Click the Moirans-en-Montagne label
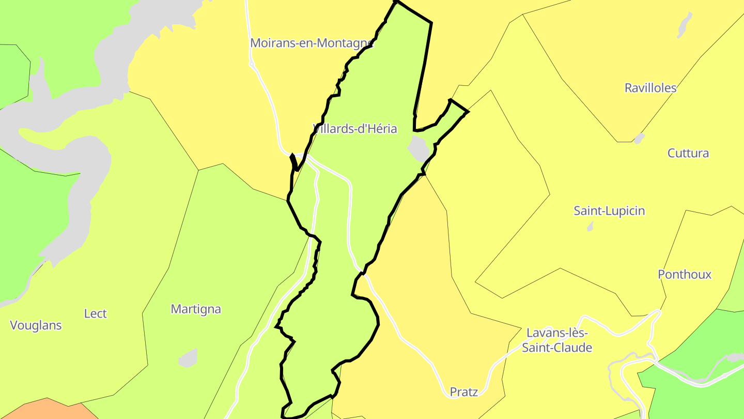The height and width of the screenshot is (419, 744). click(312, 43)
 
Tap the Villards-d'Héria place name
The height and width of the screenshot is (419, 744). click(355, 129)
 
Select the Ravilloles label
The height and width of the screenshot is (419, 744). click(650, 88)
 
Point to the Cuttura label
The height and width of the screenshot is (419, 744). click(688, 153)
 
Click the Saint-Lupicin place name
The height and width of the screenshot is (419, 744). click(609, 211)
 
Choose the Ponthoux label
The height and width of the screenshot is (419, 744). click(685, 275)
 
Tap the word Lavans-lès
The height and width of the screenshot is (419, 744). click(557, 333)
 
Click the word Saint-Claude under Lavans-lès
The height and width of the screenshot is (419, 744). click(557, 348)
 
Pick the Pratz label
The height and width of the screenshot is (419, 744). click(464, 392)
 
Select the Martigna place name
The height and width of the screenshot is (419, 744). click(196, 309)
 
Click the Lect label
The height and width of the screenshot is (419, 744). click(96, 313)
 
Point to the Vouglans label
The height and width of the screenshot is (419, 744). click(36, 325)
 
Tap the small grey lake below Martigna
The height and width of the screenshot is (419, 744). click(189, 358)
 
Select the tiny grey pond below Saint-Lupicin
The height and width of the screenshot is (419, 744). click(590, 227)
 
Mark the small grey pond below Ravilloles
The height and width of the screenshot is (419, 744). click(639, 139)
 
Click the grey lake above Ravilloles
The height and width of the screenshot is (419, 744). click(685, 24)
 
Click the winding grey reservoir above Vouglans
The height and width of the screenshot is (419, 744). click(78, 155)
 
